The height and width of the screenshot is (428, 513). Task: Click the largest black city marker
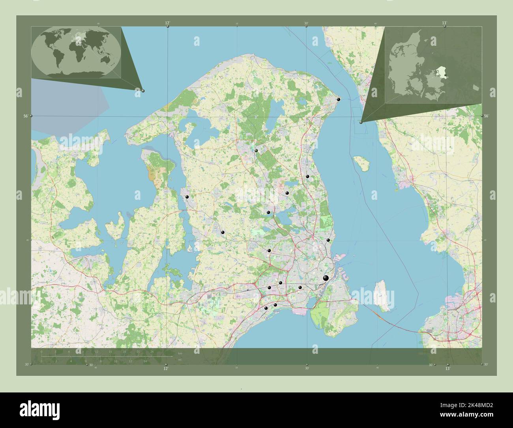[326, 278]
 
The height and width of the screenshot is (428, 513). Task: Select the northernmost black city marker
[338, 99]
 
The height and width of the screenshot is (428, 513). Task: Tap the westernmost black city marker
[187, 197]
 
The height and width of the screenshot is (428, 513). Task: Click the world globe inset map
[76, 52]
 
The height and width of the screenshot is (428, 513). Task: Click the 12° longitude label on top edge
[168, 23]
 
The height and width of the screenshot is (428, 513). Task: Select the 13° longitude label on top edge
[444, 23]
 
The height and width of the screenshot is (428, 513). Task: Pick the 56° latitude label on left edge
[25, 116]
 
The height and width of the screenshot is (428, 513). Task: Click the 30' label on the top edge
[306, 23]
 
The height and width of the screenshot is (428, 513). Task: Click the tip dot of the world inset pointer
[143, 91]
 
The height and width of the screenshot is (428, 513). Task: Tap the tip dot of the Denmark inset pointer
[361, 122]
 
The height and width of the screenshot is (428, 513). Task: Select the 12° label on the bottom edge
[166, 368]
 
